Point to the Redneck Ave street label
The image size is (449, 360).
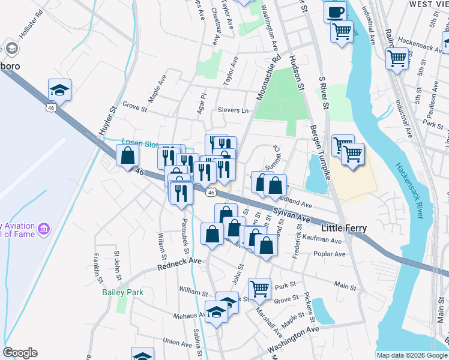(x=179, y=263)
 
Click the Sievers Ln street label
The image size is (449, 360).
(x=232, y=110)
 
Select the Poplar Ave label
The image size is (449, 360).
(x=330, y=254)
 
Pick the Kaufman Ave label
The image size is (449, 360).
(x=326, y=241)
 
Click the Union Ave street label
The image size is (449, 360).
(x=177, y=342)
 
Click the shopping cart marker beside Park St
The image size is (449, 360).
(x=259, y=289)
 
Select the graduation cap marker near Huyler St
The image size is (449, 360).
(x=59, y=90)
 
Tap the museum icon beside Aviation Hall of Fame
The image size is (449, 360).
(x=43, y=229)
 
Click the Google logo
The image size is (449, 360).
(x=20, y=353)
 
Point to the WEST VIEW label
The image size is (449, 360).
(x=428, y=4)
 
